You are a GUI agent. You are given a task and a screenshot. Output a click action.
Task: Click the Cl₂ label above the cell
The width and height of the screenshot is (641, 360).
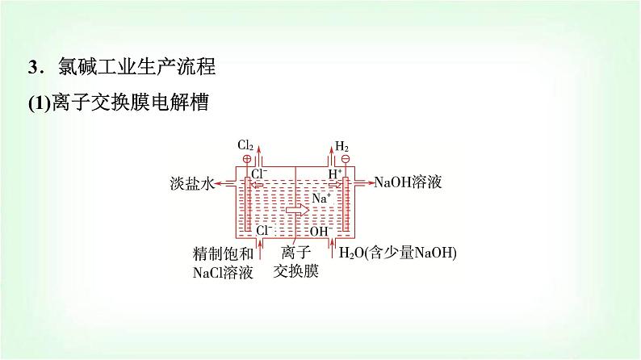pos(245,146)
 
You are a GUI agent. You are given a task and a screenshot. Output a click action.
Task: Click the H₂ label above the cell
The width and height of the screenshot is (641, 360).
pos(342,146)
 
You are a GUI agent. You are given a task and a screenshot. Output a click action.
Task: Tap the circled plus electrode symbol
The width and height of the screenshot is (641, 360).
pos(247,159)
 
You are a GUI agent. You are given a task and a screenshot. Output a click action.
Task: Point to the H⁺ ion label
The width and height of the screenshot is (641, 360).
pos(335,174)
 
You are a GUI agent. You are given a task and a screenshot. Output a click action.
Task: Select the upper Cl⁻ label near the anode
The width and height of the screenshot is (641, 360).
pos(259,174)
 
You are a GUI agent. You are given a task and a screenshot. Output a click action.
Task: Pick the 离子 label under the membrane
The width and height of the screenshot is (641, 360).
pos(295,253)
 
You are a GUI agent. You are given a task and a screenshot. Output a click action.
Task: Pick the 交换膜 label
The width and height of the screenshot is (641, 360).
pos(295,271)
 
